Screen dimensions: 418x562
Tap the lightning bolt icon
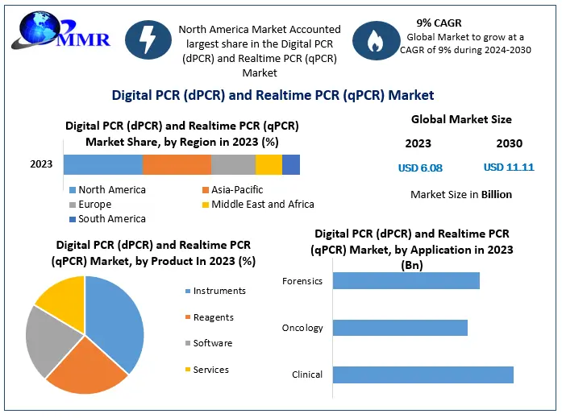coord(148,39)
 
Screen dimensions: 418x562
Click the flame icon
coord(376,41)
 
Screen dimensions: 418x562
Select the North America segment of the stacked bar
coord(103,164)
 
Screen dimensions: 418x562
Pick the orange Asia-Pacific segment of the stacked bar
coord(177,164)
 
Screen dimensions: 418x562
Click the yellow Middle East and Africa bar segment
coord(269,164)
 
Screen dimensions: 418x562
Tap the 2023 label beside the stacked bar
coord(41,164)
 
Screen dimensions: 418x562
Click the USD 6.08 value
coord(420,168)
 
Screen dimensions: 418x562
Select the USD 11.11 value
coord(509,168)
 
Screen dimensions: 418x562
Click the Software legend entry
coord(212,343)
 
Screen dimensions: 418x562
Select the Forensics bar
coord(406,280)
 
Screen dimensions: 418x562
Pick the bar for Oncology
coord(400,328)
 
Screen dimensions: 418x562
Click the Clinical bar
coord(423,375)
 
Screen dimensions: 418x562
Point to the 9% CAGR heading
coord(439,23)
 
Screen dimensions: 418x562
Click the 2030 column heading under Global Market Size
coord(509,143)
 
